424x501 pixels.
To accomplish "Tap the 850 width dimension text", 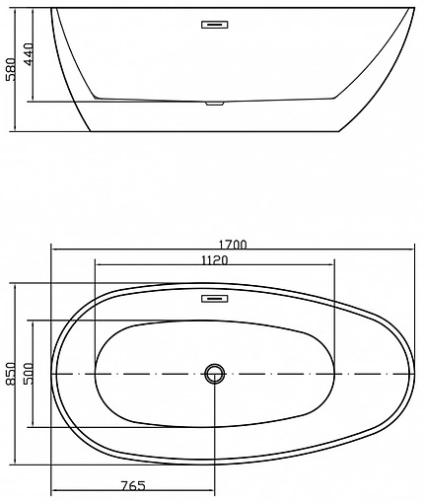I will [x=13, y=374].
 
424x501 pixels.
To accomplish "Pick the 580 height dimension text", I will [x=11, y=68].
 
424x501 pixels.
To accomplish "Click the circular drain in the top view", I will [x=214, y=374].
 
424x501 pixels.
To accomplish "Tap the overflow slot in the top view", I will [x=214, y=297].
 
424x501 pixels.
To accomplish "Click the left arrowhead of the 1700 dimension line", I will [x=55, y=249].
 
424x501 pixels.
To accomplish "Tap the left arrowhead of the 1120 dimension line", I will [x=99, y=266].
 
